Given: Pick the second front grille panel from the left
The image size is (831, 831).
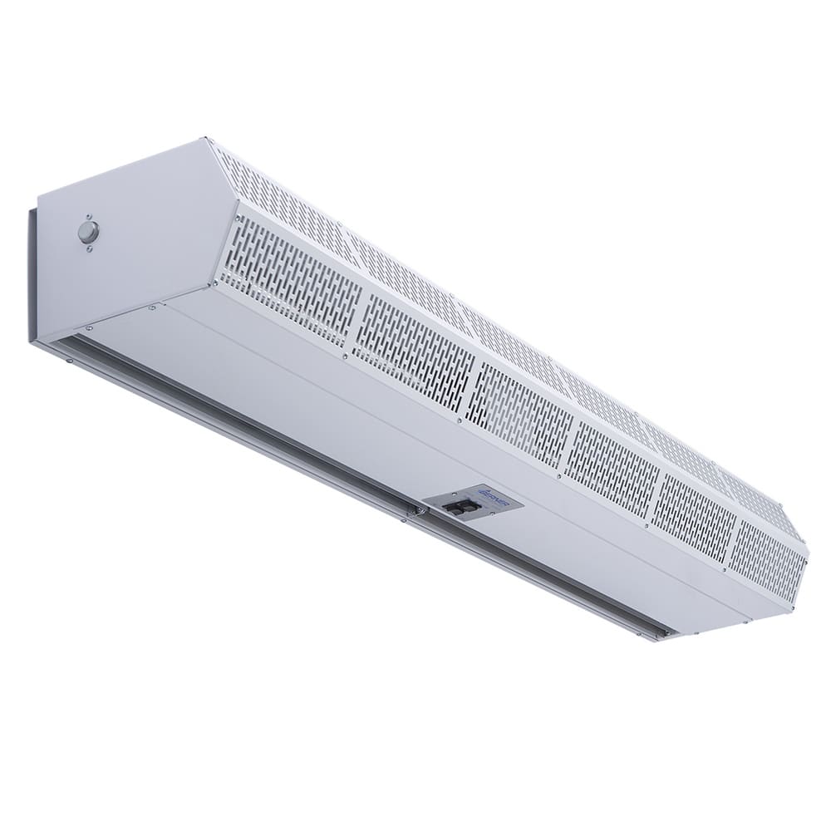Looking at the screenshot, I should coord(413,349).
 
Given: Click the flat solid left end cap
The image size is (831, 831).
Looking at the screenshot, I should coord(125,241).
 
